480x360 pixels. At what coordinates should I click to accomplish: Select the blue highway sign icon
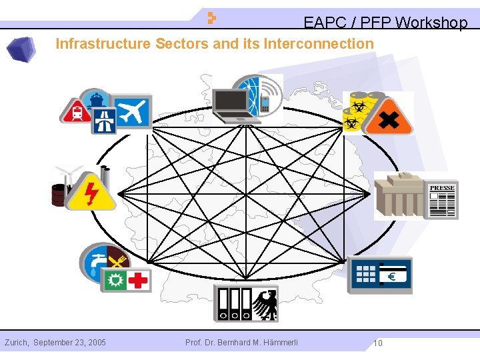(104, 121)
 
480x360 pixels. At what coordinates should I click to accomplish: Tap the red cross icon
(138, 280)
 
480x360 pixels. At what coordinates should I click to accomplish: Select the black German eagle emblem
(267, 305)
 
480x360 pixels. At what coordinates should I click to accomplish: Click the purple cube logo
(21, 49)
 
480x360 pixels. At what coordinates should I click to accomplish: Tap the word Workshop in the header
(431, 23)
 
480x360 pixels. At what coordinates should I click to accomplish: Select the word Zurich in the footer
(16, 343)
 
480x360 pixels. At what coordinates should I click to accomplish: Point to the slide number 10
(377, 343)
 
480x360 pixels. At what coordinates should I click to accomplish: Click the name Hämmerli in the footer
(281, 343)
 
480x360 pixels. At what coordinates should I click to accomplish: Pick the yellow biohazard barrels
(357, 110)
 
